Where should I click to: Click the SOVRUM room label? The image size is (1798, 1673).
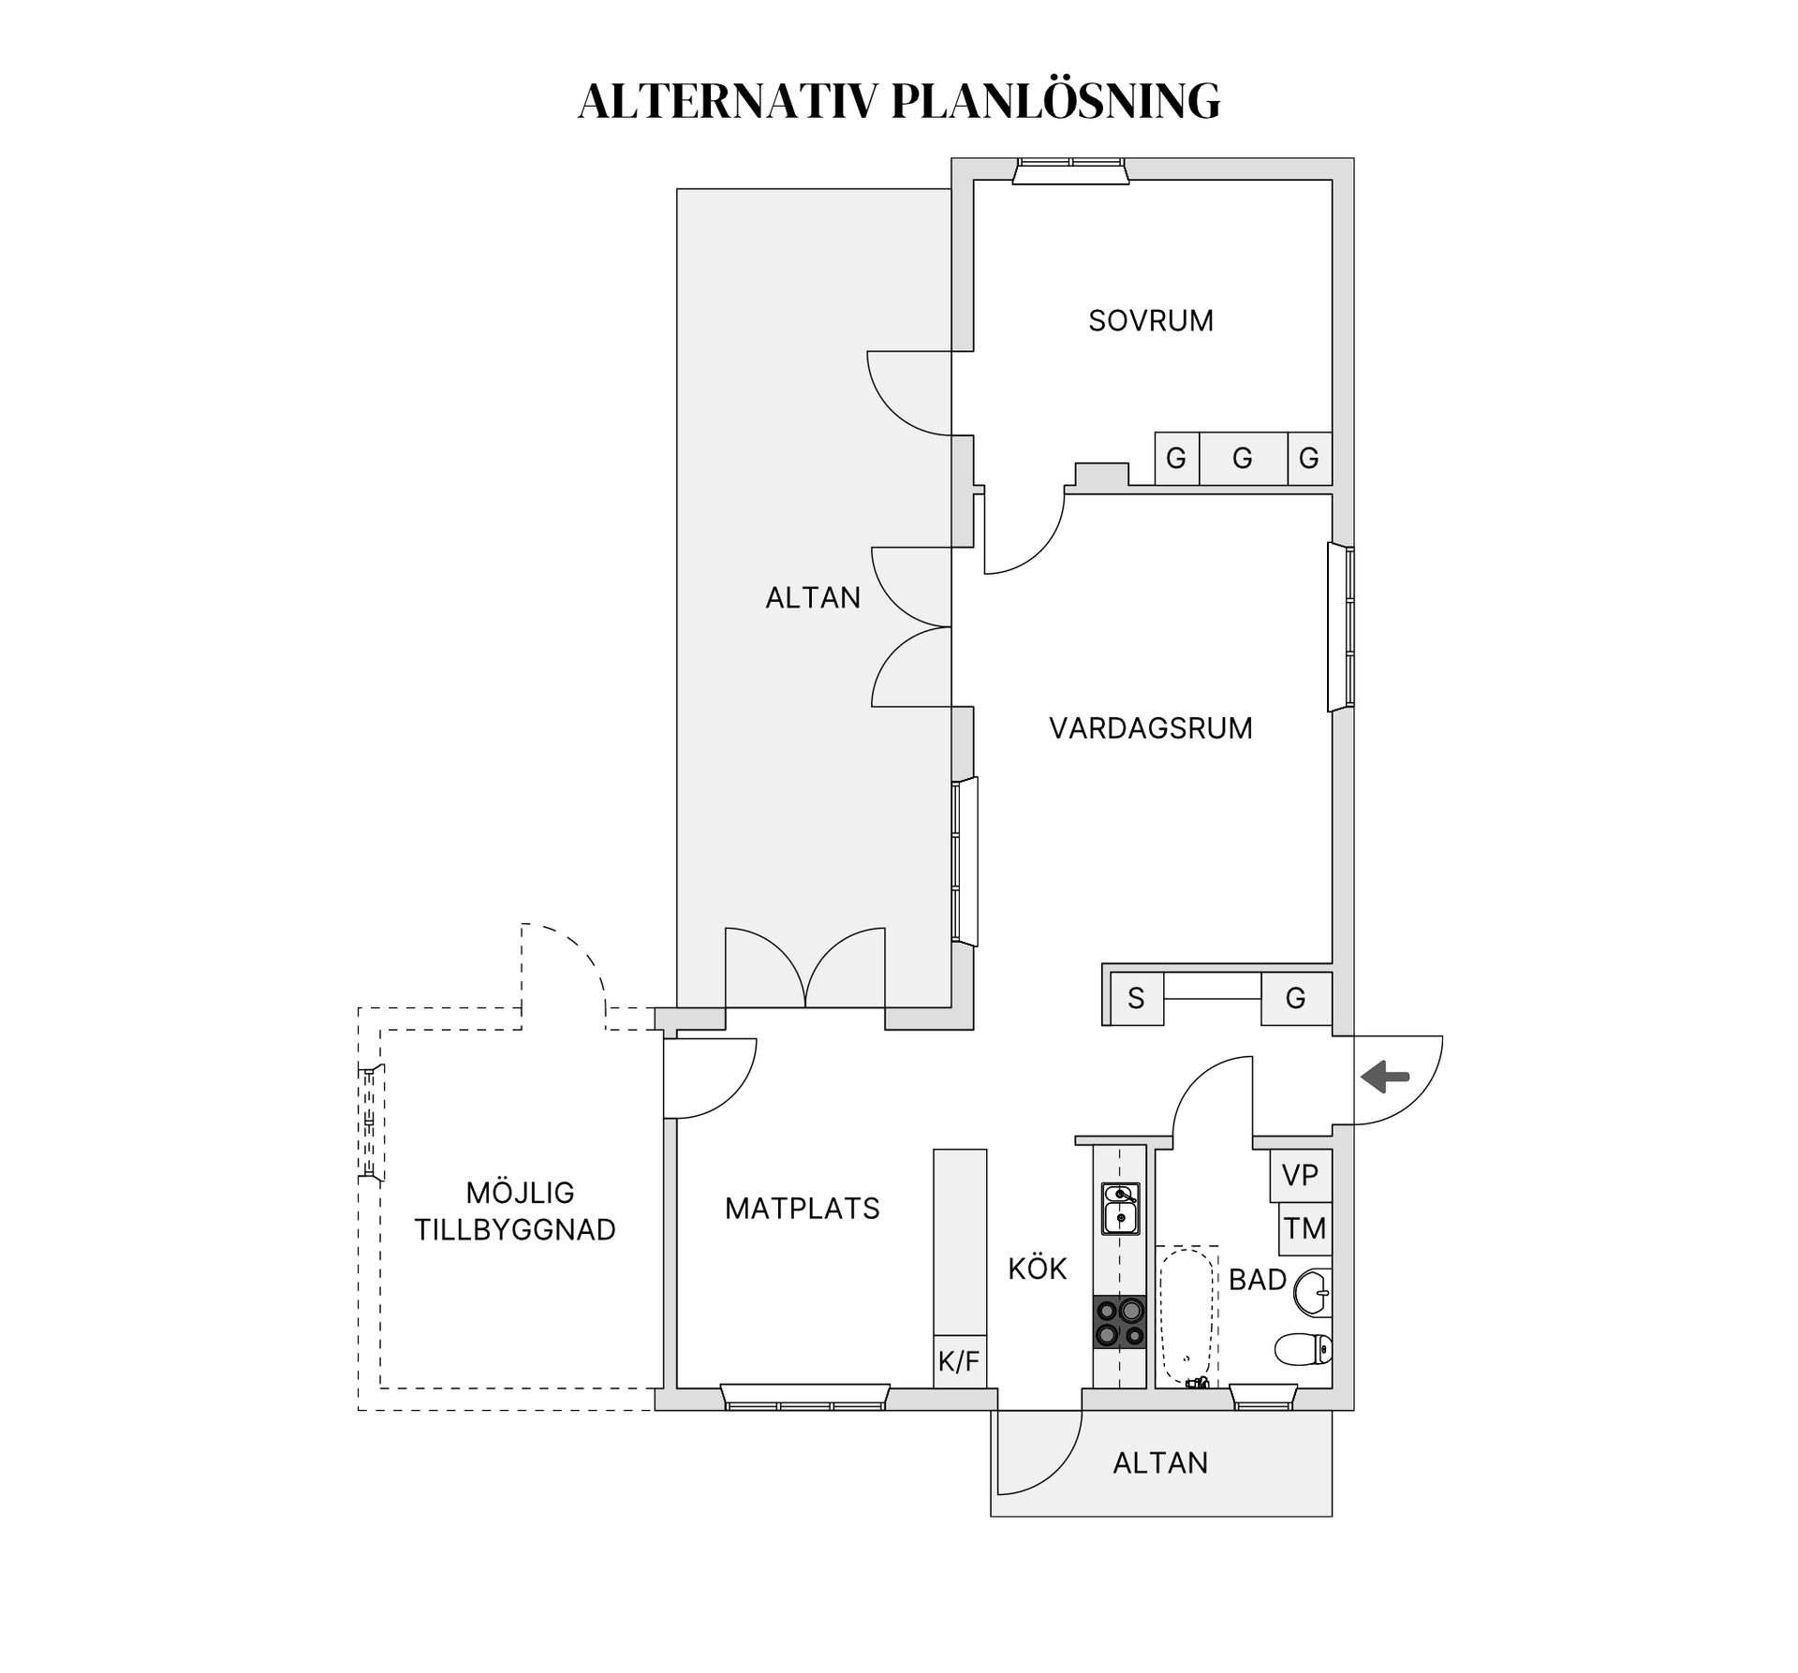pos(1150,321)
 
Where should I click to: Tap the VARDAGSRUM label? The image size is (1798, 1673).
pos(1150,728)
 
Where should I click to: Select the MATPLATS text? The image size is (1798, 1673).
pos(802,1209)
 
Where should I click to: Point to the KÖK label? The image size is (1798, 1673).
pos(1038,1269)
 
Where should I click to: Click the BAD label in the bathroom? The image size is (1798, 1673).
pos(1257,1280)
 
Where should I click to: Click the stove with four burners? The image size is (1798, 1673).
pos(1119,1323)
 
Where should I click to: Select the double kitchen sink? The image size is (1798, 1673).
pos(1119,1209)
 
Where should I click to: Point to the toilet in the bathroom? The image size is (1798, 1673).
pos(1303,1349)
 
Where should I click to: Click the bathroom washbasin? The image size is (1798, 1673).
pos(1312,1294)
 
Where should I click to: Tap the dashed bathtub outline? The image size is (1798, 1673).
pos(1186,1316)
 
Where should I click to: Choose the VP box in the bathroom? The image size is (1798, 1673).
pos(1300,1176)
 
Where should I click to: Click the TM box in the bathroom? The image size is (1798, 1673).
pos(1304,1228)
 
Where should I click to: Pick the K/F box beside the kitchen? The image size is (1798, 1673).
pos(959,1362)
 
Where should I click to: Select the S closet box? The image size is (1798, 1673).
pos(1136,999)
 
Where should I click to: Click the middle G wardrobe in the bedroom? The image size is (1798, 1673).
pos(1243,459)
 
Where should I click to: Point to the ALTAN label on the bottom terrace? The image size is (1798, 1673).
pos(1160,1462)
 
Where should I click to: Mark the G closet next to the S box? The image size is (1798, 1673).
pos(1295,999)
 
